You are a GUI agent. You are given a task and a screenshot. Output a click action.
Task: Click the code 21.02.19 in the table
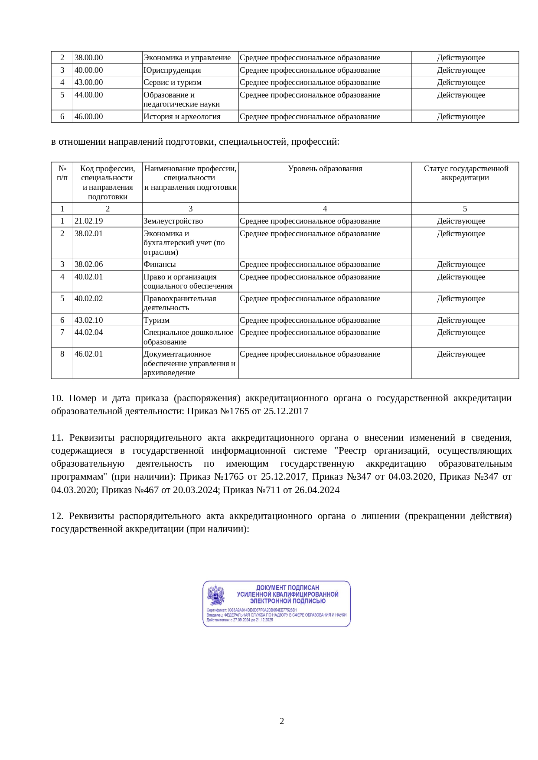coord(89,221)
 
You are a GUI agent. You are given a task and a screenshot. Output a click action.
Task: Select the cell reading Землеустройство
coord(173,221)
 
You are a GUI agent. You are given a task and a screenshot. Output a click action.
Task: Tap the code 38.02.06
coord(89,264)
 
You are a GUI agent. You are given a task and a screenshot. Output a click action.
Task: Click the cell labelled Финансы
coord(160,264)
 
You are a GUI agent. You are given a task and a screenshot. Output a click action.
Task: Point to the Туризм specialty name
coord(157,320)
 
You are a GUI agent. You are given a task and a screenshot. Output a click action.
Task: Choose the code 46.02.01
coord(89,354)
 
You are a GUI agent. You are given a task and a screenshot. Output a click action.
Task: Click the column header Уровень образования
coord(325,169)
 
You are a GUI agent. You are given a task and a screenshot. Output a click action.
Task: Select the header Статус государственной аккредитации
coord(465,173)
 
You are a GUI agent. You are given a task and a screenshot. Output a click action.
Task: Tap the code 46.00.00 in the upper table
coord(89,117)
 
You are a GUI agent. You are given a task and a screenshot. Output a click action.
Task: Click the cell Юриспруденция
coord(173,70)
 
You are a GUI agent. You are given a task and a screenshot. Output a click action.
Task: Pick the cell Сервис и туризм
coord(173,82)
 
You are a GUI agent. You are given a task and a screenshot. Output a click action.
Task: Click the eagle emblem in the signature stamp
coord(216,595)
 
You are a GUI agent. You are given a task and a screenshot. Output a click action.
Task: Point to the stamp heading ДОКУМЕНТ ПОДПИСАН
coord(287,588)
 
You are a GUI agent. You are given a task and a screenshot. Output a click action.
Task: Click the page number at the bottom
coord(282,721)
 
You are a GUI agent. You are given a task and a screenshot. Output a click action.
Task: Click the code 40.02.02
coord(89,299)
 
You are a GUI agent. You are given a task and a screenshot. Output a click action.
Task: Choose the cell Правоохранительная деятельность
coord(180,303)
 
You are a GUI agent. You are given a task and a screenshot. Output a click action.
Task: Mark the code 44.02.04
coord(89,332)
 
